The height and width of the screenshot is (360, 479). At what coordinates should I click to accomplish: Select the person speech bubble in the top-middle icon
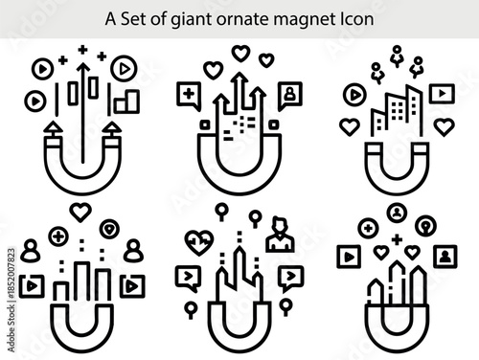click(288, 95)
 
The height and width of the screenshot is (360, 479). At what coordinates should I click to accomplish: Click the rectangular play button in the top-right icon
click(441, 93)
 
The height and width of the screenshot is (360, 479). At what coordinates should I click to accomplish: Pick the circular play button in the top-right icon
click(354, 94)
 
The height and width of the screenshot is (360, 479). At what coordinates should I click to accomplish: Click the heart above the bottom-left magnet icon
click(81, 212)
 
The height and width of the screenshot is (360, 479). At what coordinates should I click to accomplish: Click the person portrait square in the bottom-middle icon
click(281, 234)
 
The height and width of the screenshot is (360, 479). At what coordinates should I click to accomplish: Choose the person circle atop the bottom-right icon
click(397, 213)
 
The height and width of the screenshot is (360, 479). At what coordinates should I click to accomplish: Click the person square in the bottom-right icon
click(445, 256)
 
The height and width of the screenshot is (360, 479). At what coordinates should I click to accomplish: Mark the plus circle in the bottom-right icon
click(367, 228)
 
